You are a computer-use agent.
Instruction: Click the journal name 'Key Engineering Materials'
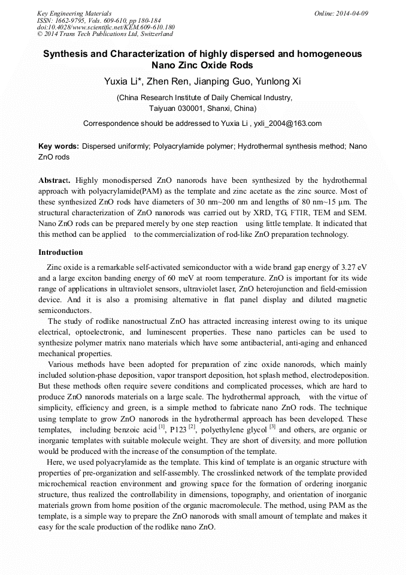point(74,13)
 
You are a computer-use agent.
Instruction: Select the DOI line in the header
point(106,27)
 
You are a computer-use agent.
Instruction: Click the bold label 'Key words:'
point(59,146)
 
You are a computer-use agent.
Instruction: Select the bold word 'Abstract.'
point(54,180)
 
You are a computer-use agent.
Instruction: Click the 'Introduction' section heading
point(60,252)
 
